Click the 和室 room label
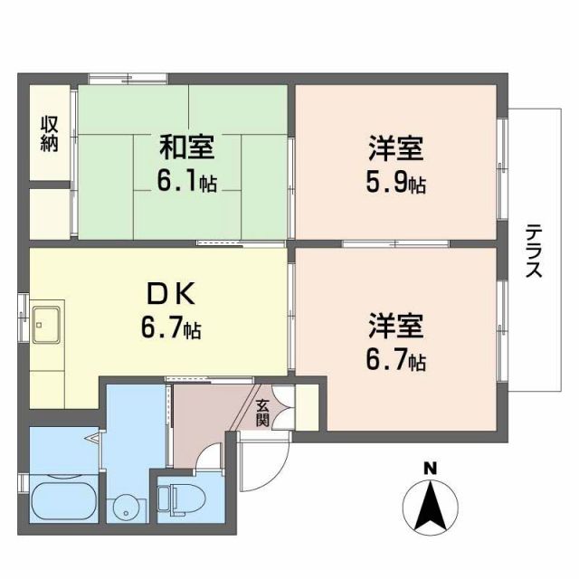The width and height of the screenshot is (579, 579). [x=188, y=146]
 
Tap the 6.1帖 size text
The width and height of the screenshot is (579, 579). [x=187, y=182]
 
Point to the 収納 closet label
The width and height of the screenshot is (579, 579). [x=48, y=133]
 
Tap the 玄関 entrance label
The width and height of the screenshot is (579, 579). [x=262, y=412]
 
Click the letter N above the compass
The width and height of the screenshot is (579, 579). [x=431, y=469]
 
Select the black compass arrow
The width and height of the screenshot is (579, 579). [x=432, y=509]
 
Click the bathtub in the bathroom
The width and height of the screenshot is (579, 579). [x=62, y=499]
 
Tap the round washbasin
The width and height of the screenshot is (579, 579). [x=123, y=507]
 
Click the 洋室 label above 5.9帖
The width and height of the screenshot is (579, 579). [x=396, y=147]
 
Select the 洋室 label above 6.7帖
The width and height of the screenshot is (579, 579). [x=396, y=325]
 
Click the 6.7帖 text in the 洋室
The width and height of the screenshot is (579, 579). [x=396, y=361]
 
